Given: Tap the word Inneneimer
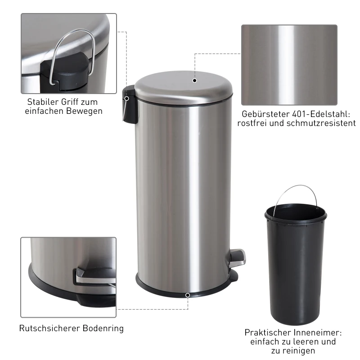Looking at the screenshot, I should (x=320, y=333).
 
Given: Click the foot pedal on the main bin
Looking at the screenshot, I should (x=237, y=257).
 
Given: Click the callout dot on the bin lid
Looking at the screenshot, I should (x=194, y=81).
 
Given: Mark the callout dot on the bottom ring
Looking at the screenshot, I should (x=187, y=295).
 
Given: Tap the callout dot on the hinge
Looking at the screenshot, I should (x=127, y=98).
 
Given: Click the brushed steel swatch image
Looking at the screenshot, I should (x=289, y=65).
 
